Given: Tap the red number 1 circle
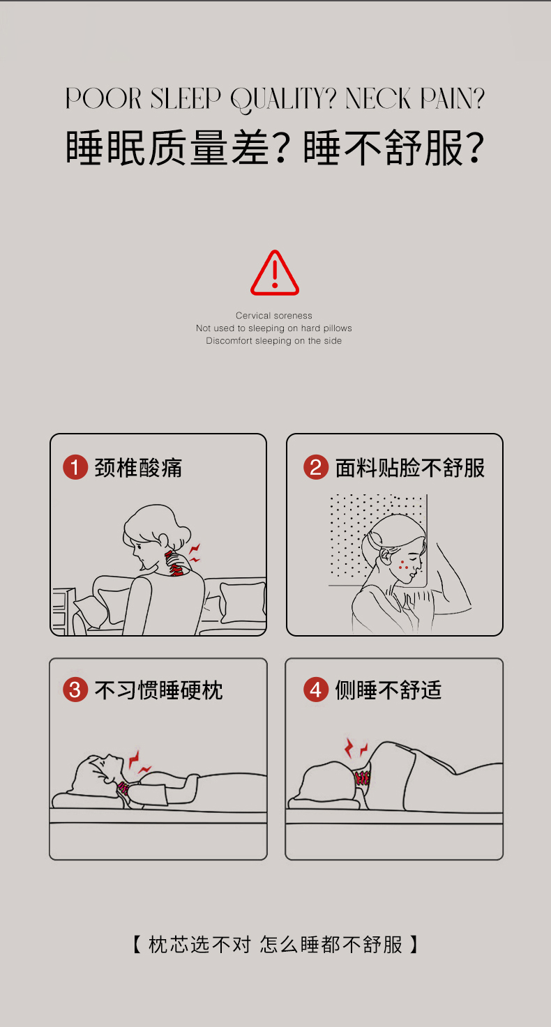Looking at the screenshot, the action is pos(75,467).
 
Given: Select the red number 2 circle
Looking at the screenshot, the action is pos(316,467).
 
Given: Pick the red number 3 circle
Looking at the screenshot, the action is pos(75,690).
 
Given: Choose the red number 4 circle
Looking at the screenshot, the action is pos(316,690).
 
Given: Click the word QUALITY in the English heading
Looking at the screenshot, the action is pos(283,100).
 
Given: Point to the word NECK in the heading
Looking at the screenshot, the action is pos(378,98).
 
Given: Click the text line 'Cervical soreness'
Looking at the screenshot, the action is pos(274,315).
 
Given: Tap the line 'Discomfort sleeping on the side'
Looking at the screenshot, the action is pos(274,341).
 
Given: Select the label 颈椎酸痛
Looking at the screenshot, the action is pos(138,468).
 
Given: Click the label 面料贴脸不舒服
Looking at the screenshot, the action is pos(409,468).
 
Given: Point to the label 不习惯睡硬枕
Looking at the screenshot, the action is pos(159,690).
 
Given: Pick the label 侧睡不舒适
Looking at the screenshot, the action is pos(388,690).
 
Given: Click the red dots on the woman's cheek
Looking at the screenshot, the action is pos(403,565).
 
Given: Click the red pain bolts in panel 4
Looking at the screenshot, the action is pos(356,748).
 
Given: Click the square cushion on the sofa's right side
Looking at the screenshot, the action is pos(243,602).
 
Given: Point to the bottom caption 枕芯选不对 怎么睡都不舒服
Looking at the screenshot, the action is pos(275,945).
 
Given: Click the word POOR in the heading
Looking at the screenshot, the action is pos(103,98).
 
